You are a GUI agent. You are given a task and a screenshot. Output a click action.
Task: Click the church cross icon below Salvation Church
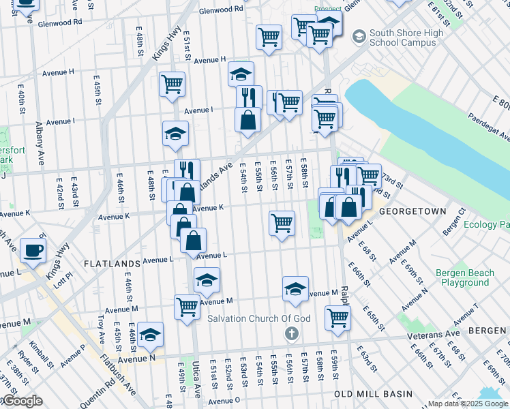pos(291,333)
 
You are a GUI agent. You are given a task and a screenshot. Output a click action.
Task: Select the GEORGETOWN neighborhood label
pos(412,212)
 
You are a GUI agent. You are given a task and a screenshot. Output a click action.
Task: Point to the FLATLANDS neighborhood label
pos(110,262)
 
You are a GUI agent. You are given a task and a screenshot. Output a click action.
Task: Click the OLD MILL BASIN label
pos(373,394)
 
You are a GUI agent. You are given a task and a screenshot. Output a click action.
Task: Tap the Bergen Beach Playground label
pos(464,277)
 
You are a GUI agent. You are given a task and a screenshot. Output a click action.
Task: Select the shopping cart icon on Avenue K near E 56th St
pos(282,222)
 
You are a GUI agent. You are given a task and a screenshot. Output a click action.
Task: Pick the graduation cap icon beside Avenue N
pos(150,335)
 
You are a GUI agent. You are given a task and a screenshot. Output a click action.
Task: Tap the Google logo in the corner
pos(22,402)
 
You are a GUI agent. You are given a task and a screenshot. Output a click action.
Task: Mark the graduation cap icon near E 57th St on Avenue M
pos(295,288)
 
